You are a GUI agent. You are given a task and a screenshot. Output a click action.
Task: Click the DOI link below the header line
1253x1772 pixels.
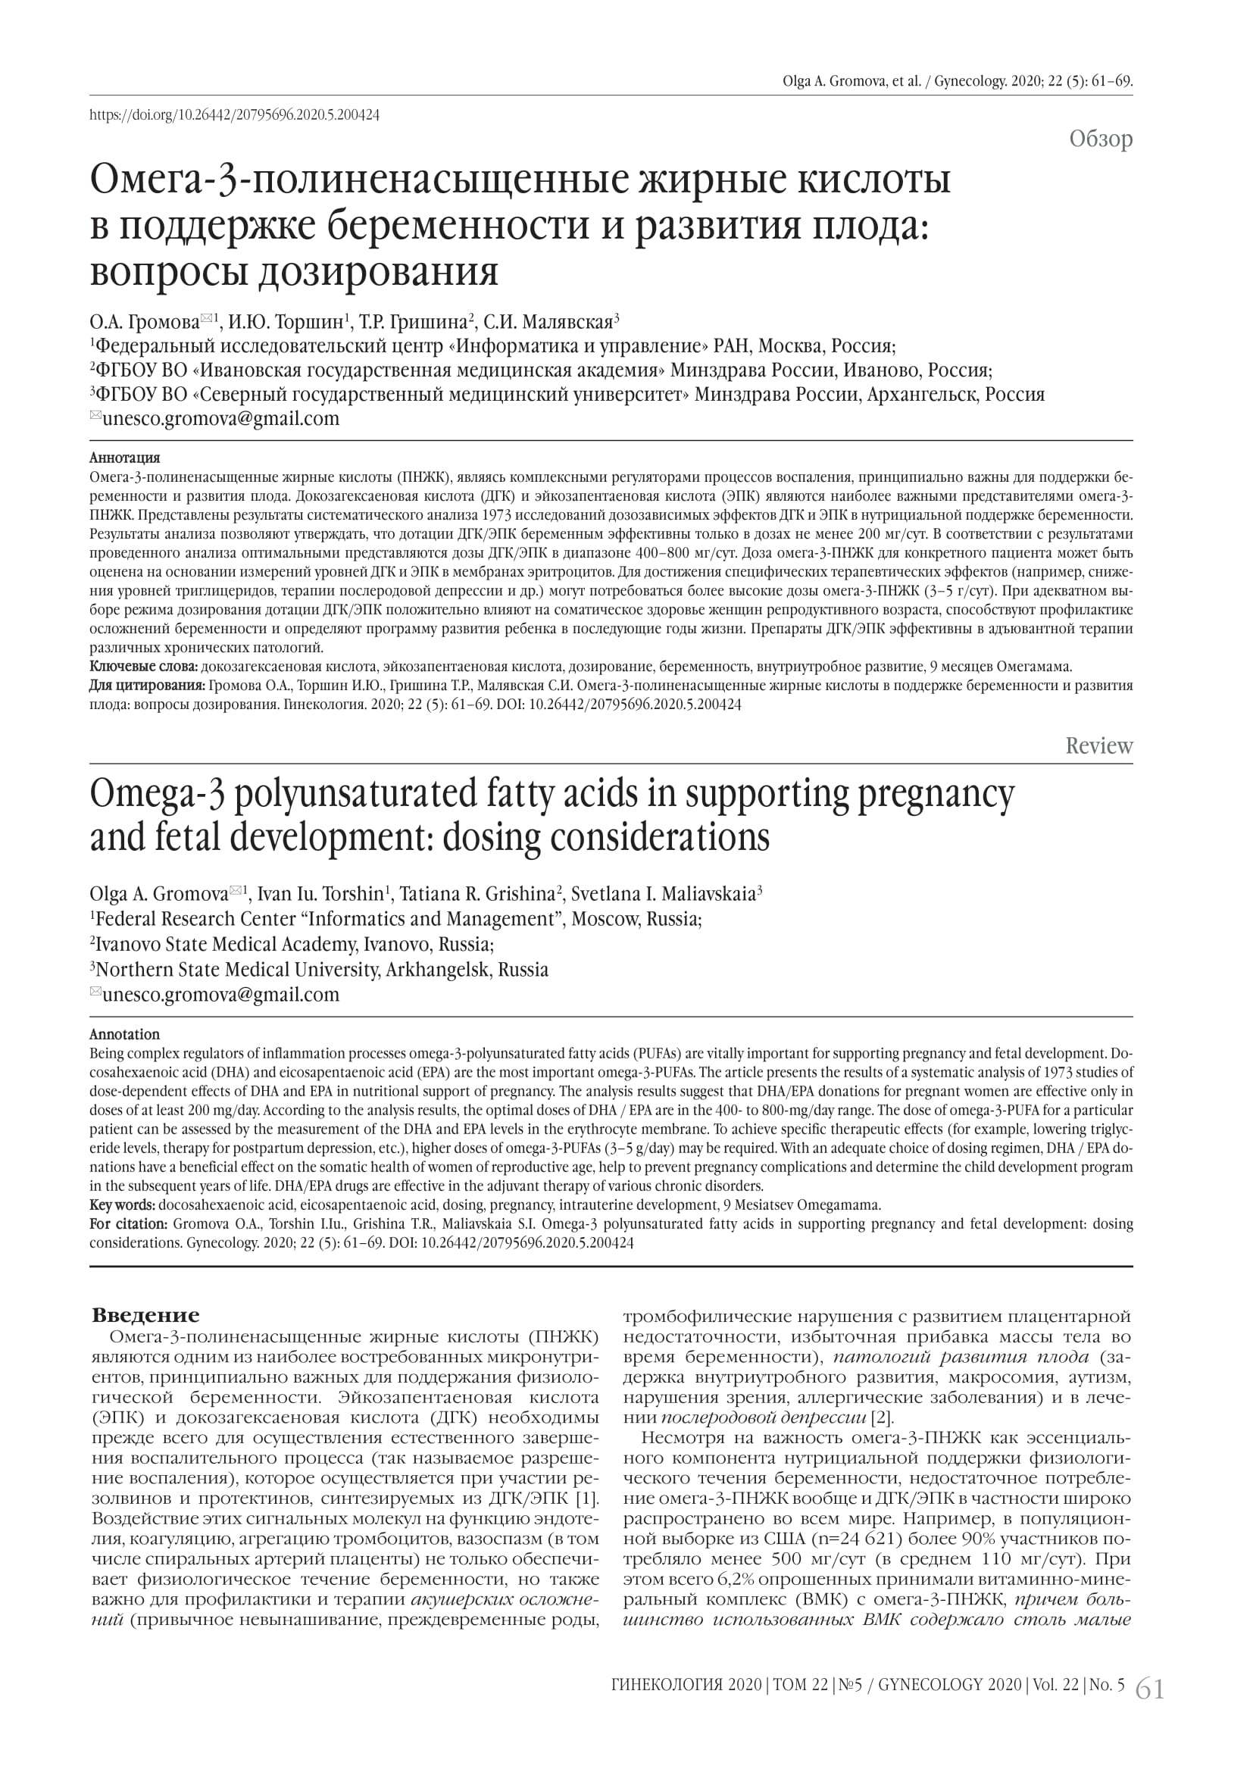point(235,115)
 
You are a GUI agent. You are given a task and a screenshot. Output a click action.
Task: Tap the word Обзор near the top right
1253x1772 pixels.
point(1100,139)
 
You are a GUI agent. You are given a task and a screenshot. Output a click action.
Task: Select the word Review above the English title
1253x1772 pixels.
point(1098,745)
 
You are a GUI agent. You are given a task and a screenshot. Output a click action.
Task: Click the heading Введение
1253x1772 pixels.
point(145,1315)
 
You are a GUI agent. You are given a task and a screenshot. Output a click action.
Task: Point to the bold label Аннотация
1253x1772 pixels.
point(125,458)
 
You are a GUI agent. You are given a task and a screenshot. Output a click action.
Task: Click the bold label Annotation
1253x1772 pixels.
point(125,1034)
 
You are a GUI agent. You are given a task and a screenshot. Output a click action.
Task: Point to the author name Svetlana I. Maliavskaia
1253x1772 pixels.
point(664,894)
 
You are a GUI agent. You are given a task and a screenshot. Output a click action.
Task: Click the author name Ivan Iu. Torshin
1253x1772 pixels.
point(320,894)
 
